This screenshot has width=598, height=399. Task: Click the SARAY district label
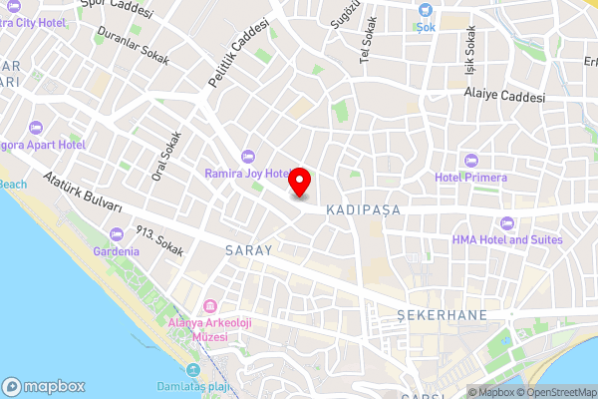click(248, 250)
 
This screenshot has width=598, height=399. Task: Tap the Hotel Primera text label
click(470, 178)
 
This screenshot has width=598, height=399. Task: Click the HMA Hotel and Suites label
click(507, 239)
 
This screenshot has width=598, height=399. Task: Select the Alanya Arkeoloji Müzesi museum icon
click(210, 305)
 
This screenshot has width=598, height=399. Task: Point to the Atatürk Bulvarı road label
click(83, 193)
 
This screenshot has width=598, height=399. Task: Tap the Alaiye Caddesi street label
click(504, 98)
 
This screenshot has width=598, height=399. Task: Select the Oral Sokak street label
click(165, 151)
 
